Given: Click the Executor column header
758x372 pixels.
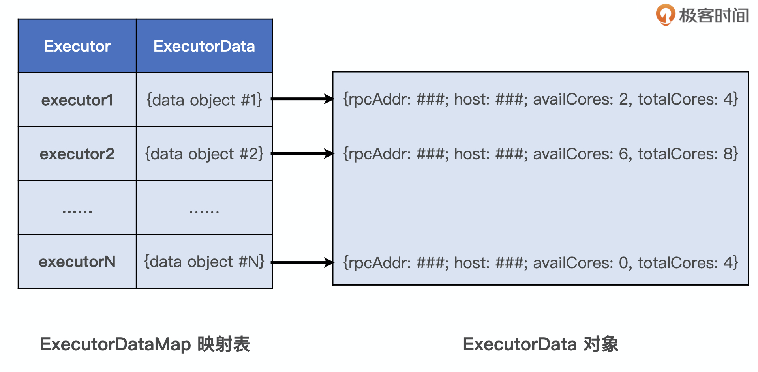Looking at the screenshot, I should point(77,46).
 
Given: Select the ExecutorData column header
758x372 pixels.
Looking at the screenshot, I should point(204,46).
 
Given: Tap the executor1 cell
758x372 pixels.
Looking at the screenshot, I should point(77,100).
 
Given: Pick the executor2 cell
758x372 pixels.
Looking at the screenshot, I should point(77,154).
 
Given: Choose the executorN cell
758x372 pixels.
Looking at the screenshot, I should point(77,262).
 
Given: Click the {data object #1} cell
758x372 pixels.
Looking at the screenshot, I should point(204,100).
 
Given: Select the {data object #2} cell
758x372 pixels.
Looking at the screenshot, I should point(204,154).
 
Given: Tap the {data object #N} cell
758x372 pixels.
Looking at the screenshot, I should point(204,262).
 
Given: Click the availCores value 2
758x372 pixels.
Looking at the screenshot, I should point(623,99).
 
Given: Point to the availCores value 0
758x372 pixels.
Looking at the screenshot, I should point(623,263).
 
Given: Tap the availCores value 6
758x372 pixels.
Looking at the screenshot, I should point(623,154).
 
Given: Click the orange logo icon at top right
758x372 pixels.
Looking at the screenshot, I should point(665,14).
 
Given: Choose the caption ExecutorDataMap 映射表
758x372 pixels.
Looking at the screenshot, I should point(145,344).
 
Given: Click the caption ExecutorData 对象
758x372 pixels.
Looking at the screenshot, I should point(540,344).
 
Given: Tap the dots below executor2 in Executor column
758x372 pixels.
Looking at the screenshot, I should point(77,212).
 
